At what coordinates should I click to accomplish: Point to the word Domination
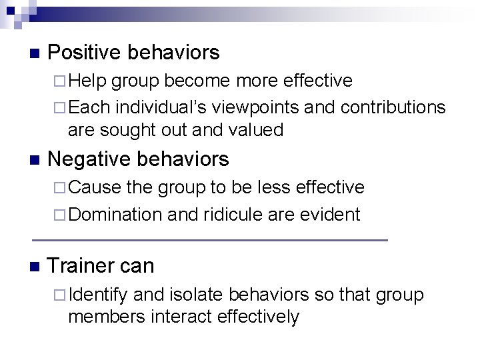115,215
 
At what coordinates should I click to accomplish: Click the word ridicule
224,215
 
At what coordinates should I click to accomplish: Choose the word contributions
393,107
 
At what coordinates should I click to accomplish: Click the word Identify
99,295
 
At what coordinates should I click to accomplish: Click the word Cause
95,187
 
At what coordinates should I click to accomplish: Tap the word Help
87,81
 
